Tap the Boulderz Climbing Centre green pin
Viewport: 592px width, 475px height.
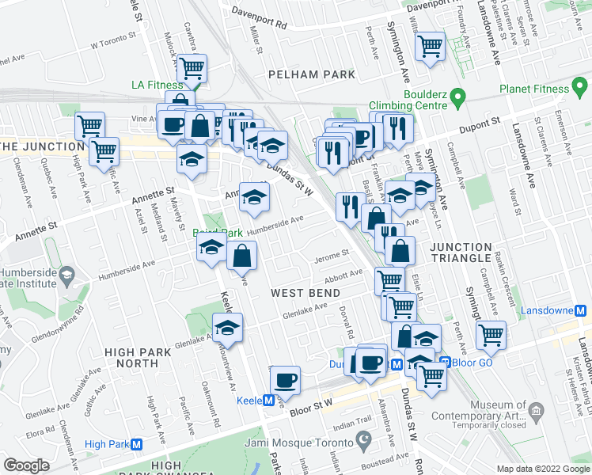[x=457, y=100]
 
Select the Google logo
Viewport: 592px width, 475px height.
[x=27, y=465]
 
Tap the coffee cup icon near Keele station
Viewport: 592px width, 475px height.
[x=284, y=379]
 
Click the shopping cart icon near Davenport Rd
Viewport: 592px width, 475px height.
[x=430, y=46]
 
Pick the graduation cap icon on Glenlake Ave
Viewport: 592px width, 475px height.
[x=227, y=328]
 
